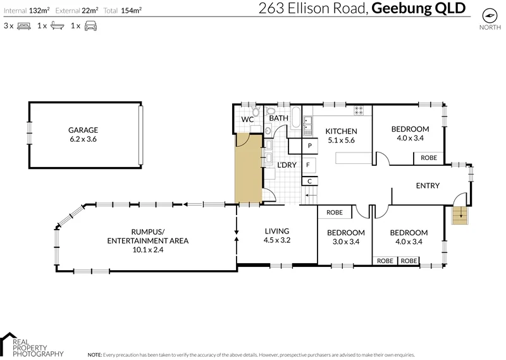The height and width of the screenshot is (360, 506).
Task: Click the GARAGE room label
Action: click(83, 130)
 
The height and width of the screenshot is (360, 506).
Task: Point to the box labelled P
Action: click(310, 146)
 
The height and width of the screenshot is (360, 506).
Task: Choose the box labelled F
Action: click(308, 165)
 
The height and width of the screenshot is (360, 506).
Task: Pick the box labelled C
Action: click(309, 182)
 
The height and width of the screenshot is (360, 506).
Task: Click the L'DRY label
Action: click(287, 165)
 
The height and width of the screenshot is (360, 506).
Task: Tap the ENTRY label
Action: click(428, 185)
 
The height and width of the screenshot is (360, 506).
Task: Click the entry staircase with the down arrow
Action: click(460, 216)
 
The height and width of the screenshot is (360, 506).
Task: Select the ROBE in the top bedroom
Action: click(429, 158)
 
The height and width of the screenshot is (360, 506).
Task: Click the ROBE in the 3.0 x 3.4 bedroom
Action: click(335, 213)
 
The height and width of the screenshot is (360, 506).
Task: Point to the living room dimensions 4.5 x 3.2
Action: click(276, 240)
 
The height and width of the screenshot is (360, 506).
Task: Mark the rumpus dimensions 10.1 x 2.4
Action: click(147, 250)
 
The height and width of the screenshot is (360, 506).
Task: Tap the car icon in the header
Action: click(91, 26)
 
